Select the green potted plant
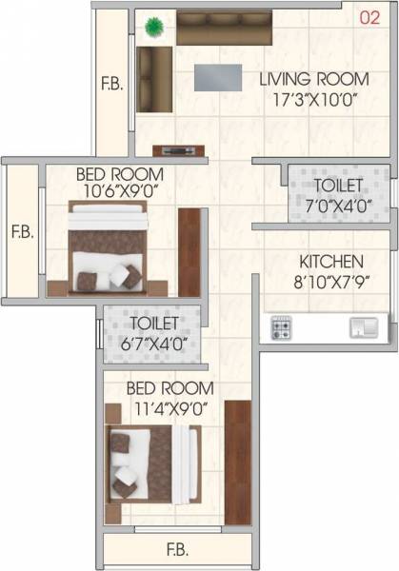click(153, 29)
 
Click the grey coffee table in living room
click(218, 77)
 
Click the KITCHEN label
click(330, 261)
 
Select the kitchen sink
click(362, 328)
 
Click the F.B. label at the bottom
click(177, 549)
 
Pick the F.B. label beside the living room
click(112, 84)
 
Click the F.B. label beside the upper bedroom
click(22, 230)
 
